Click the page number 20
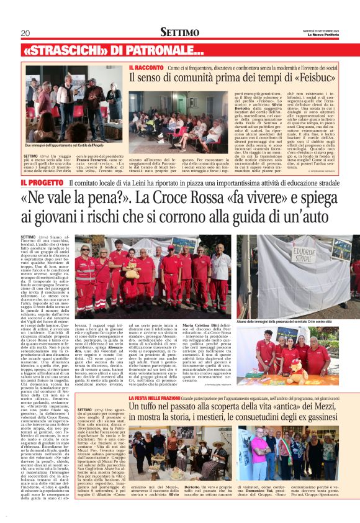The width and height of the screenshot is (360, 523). pyautogui.click(x=25, y=32)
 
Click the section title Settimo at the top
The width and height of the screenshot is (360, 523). pyautogui.click(x=179, y=32)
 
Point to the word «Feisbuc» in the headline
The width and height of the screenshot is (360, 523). pyautogui.click(x=313, y=78)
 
